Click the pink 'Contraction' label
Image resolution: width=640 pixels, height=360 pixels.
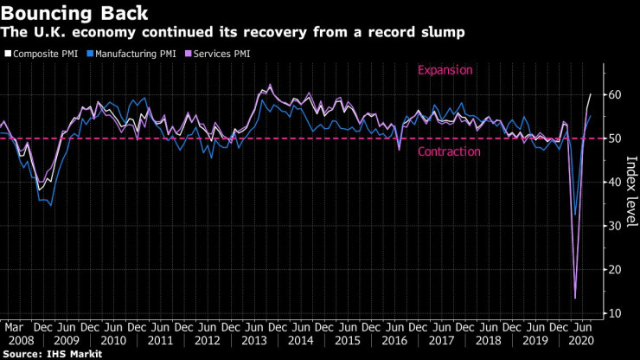449,152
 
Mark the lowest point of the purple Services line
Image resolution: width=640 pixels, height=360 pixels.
576,298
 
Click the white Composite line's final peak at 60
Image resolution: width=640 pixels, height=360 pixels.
591,94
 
